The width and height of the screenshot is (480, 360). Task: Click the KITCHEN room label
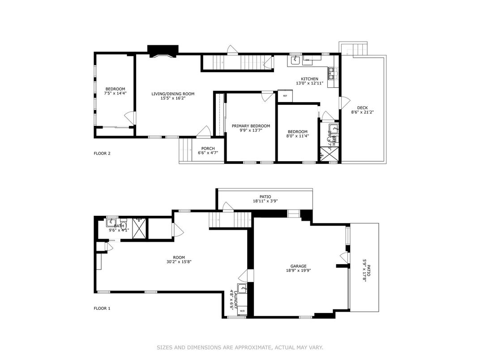(309, 79)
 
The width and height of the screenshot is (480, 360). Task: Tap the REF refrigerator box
(285, 96)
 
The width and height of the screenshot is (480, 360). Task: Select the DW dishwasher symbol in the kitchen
(308, 60)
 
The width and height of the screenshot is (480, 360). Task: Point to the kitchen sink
(295, 60)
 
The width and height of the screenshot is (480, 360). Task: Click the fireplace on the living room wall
(163, 51)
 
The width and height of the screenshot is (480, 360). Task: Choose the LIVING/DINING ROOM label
(173, 94)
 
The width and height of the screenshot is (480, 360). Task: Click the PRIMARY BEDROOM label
(251, 126)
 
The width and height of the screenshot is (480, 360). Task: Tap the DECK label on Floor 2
(362, 107)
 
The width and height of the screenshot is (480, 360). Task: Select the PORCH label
(208, 149)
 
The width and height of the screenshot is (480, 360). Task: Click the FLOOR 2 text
(102, 154)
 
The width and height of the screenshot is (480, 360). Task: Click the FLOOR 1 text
(102, 308)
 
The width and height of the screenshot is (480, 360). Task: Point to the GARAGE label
(296, 266)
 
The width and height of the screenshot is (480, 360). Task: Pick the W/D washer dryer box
(242, 310)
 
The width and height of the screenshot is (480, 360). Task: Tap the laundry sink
(242, 288)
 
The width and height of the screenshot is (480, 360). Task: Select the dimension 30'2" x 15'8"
(179, 263)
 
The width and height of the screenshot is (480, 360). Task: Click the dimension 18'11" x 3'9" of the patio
(265, 201)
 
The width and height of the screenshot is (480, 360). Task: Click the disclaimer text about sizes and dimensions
(240, 347)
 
